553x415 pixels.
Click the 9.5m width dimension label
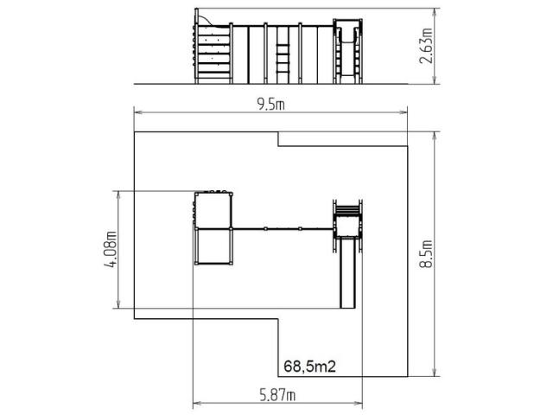pos(270,105)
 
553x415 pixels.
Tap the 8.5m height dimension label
pos(426,253)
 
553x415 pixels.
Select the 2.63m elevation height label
pos(426,46)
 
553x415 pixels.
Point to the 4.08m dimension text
pos(111,249)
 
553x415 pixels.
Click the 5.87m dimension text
pos(277,395)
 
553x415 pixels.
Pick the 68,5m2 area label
pos(309,367)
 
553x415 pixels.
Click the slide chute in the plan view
pos(347,272)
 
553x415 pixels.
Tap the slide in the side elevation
pos(347,50)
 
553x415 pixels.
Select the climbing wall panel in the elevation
pos(213,50)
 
